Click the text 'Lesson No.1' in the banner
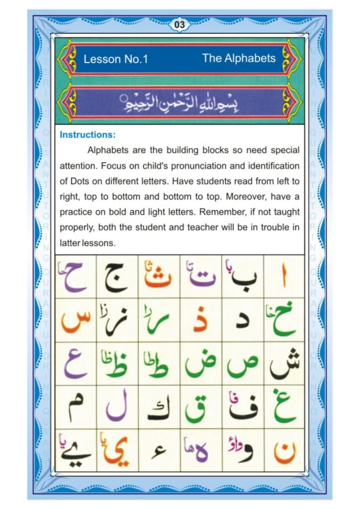click(x=116, y=59)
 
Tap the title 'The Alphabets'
click(x=239, y=58)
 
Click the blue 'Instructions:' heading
click(x=88, y=135)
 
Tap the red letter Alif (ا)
click(x=284, y=278)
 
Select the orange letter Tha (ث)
click(x=158, y=279)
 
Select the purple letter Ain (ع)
click(x=75, y=366)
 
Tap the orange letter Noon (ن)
click(x=284, y=451)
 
